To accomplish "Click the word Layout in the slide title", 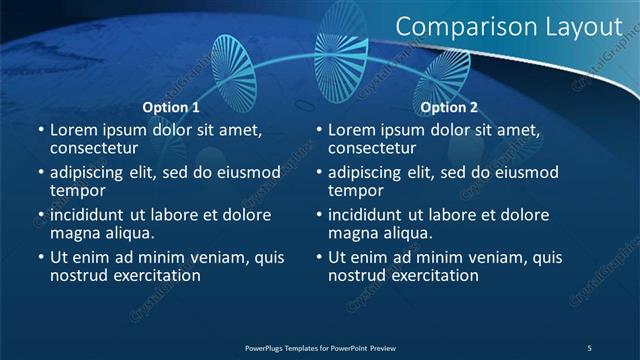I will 584,27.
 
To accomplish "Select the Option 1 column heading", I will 171,107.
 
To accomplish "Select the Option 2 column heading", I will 449,107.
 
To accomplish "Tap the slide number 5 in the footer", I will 589,347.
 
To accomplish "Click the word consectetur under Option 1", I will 99,147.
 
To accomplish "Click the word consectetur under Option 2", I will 377,147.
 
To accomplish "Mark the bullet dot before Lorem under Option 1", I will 40,130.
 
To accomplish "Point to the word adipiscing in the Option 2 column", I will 368,172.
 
